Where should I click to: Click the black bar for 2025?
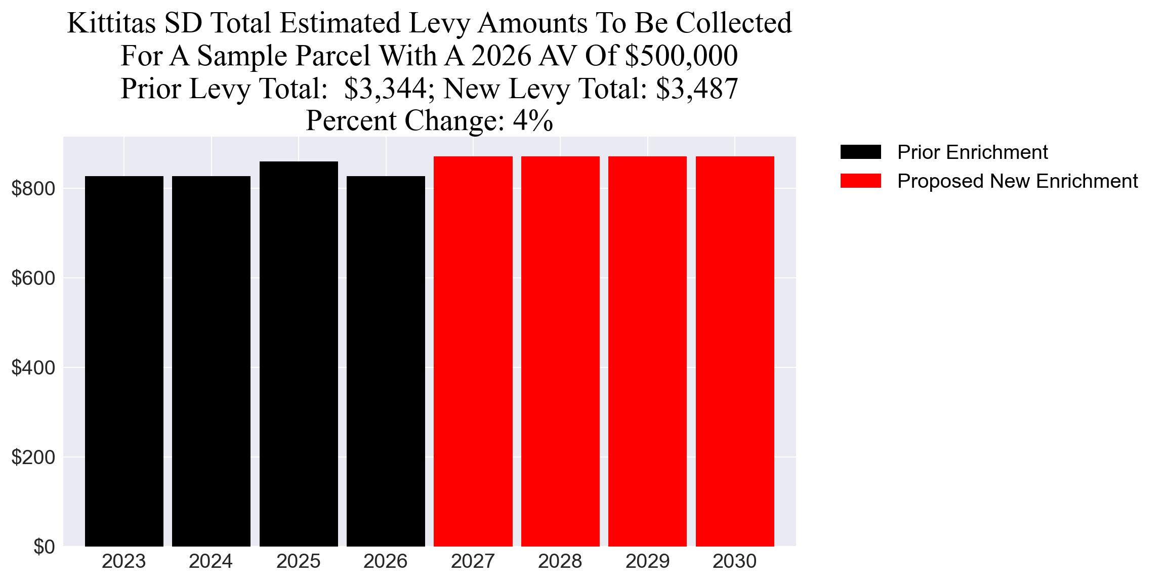click(299, 354)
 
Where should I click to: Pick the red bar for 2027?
click(473, 351)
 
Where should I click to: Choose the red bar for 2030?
click(735, 351)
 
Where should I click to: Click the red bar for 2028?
click(560, 351)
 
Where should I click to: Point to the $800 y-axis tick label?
click(33, 189)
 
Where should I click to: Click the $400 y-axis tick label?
click(33, 368)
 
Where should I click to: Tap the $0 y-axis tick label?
click(44, 547)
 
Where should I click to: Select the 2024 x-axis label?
click(211, 561)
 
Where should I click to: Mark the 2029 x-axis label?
click(647, 561)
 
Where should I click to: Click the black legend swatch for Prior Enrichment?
click(860, 152)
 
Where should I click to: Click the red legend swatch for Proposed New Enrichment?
click(860, 181)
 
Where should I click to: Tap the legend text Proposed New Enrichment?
click(1017, 181)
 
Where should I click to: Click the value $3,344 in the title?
click(386, 89)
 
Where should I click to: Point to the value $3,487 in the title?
click(697, 89)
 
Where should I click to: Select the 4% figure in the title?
click(532, 121)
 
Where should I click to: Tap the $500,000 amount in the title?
click(681, 56)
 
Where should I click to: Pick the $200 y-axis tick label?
click(33, 457)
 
